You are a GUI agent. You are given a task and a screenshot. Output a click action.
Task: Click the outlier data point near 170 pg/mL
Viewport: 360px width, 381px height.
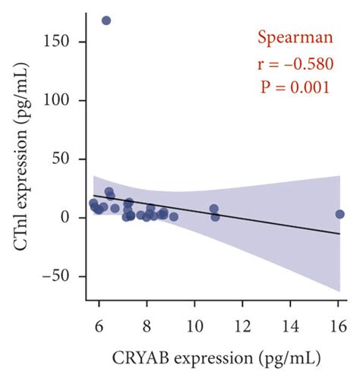point(106,20)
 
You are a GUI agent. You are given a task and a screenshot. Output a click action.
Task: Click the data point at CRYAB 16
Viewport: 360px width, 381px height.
point(339,215)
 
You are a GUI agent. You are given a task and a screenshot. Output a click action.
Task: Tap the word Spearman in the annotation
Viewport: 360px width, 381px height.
point(292,37)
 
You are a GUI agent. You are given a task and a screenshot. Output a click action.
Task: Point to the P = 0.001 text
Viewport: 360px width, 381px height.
point(292,87)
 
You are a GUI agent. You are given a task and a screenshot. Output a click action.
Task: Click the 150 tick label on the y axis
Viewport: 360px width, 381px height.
point(66,42)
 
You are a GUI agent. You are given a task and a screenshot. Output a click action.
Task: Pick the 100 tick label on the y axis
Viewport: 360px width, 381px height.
point(66,100)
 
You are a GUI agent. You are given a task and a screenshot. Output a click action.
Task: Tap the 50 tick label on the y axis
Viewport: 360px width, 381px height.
point(70,159)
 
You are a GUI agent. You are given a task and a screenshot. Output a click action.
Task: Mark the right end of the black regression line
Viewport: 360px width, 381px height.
point(339,234)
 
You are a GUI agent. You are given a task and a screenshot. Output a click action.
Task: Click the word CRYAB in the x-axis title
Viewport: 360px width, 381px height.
point(142,357)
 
